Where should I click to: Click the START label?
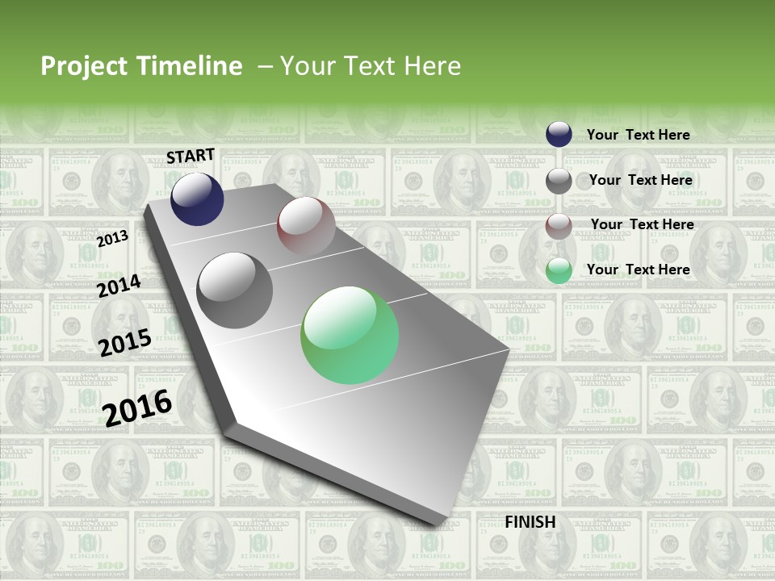(x=191, y=156)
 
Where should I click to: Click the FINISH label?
(x=530, y=522)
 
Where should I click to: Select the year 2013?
(x=112, y=239)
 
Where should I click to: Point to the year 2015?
(x=125, y=343)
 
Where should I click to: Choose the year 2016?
(x=138, y=408)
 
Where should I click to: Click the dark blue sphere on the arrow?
(x=197, y=199)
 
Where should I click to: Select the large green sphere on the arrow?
(x=350, y=335)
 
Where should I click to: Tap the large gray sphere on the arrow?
(x=235, y=290)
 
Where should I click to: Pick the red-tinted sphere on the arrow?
(x=306, y=226)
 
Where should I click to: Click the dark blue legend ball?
(x=559, y=134)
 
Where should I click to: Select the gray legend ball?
(x=559, y=181)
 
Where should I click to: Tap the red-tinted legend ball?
(x=559, y=226)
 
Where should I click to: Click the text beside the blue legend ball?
(x=638, y=135)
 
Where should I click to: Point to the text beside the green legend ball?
(x=638, y=270)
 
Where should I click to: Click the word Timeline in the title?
(x=191, y=66)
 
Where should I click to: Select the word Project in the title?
(x=83, y=66)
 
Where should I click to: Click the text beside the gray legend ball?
(x=640, y=180)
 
